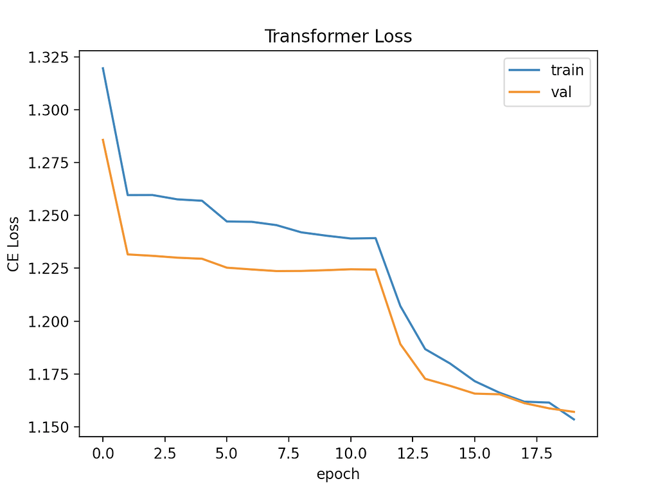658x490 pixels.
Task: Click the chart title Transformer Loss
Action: click(338, 37)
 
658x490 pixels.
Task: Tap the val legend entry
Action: click(561, 93)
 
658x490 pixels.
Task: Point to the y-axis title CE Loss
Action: click(13, 244)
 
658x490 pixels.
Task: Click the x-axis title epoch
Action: click(338, 475)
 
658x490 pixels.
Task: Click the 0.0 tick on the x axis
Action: click(103, 453)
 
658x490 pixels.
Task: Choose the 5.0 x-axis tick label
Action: click(227, 453)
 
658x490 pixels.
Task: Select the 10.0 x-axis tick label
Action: click(351, 453)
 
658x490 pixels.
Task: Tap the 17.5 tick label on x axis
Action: click(537, 453)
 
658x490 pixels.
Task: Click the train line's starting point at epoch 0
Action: click(103, 68)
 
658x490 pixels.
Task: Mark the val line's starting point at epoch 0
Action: click(103, 139)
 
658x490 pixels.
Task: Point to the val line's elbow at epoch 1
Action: click(127, 254)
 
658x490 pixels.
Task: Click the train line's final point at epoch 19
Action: click(574, 420)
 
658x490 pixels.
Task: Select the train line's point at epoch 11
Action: click(375, 238)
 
